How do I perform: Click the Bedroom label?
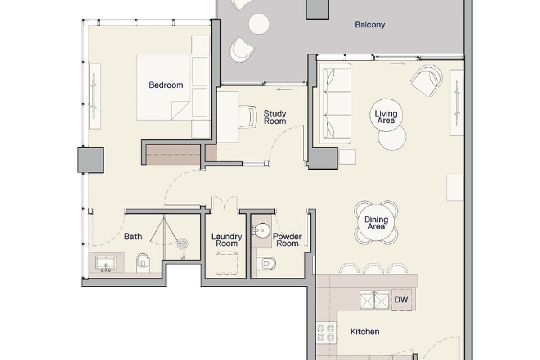click(166, 85)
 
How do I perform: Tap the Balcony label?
click(370, 25)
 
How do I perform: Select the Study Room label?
click(275, 117)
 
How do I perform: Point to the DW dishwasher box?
click(401, 300)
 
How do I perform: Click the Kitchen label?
click(365, 332)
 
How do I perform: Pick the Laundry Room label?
click(227, 240)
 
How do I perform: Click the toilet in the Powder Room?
click(266, 264)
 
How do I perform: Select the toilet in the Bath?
click(143, 263)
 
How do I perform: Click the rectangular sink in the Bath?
click(106, 263)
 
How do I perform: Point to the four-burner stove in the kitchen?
click(326, 333)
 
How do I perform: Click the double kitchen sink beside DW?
click(374, 300)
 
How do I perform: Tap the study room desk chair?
click(248, 117)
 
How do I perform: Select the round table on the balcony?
click(259, 24)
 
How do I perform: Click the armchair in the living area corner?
click(427, 81)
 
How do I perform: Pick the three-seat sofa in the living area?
click(335, 103)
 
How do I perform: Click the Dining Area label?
click(376, 223)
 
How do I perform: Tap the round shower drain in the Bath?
click(182, 244)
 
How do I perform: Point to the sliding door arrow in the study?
click(284, 90)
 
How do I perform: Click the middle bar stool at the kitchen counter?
click(373, 269)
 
